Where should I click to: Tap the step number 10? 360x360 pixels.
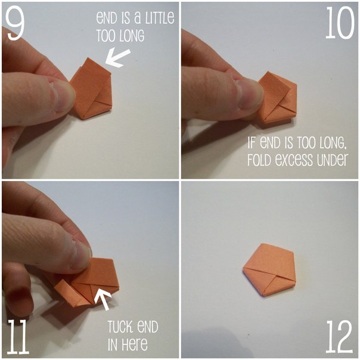click(340, 23)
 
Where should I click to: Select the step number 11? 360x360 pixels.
click(18, 337)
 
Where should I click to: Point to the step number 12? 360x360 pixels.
click(339, 337)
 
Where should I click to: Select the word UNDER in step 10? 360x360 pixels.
click(332, 159)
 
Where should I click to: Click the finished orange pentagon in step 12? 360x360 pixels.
click(269, 270)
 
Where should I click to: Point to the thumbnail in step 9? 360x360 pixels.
click(63, 96)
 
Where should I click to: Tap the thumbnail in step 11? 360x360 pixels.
click(81, 255)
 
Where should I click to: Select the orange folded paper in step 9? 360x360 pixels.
click(91, 89)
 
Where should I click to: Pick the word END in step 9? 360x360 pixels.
click(108, 18)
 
